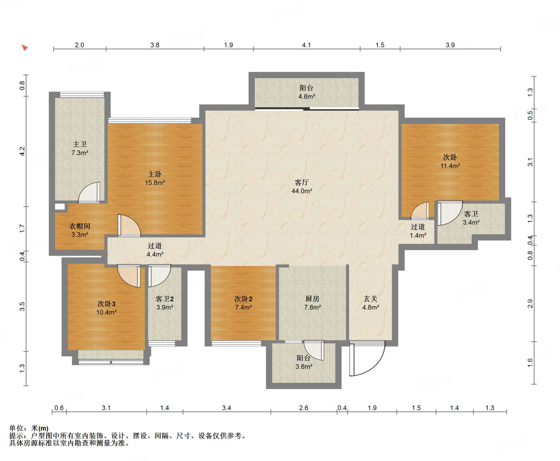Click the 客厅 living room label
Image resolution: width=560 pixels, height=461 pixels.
coord(302,182)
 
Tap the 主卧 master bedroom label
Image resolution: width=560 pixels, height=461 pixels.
coord(155,174)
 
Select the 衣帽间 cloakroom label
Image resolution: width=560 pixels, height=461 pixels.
coord(80,226)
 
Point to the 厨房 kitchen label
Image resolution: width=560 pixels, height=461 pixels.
coord(312,299)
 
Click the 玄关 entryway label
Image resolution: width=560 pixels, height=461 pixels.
coord(371,299)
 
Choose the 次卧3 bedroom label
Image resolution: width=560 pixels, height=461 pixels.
coord(106,304)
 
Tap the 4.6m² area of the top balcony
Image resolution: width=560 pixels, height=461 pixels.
coord(307,97)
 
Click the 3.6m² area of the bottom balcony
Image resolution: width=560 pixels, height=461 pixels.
coord(304,367)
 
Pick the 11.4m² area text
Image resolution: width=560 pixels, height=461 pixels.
coord(450,166)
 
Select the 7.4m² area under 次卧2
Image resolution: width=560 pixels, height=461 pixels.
coord(243,307)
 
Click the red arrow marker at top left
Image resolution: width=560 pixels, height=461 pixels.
coord(25,48)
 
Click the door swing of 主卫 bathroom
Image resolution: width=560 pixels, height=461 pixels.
coord(89,193)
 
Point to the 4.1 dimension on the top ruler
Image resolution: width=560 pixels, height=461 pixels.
coord(306,45)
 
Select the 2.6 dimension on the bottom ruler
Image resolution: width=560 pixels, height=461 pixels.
coord(304,408)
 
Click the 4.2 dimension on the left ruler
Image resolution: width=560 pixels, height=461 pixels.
coord(22,151)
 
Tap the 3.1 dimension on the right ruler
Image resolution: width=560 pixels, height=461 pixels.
coord(530,162)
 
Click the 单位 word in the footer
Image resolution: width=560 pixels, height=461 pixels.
coord(16,428)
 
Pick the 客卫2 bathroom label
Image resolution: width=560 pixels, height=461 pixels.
coord(165,299)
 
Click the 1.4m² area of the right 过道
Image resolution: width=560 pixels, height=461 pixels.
coord(418,235)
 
